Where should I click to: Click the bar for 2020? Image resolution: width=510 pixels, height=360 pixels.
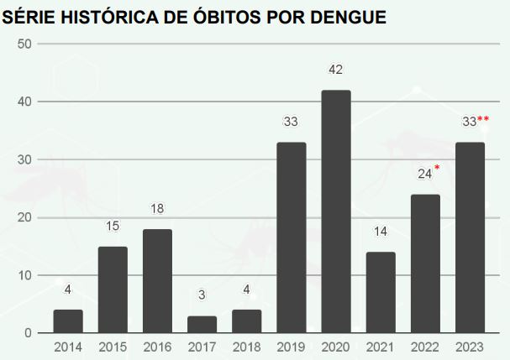point(336,211)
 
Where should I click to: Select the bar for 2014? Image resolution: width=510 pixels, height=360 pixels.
point(68,321)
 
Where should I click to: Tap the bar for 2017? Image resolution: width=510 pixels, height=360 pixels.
point(202,324)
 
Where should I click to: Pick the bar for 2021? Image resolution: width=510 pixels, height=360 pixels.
point(381,292)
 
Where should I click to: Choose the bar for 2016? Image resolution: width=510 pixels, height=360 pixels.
point(157,281)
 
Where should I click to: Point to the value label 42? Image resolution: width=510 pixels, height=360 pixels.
point(336,70)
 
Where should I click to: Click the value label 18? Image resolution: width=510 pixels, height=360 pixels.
point(157,209)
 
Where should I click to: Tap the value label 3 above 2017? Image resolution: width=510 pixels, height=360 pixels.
point(202,295)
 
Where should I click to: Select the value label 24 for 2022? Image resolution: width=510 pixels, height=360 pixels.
point(424,175)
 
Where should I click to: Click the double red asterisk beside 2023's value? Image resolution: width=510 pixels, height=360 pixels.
point(483,119)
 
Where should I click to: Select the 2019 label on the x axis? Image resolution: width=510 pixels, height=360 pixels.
point(291,347)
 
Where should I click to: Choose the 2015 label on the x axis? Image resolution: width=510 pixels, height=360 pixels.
point(113,347)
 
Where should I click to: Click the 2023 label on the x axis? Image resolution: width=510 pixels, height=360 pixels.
point(470,347)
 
